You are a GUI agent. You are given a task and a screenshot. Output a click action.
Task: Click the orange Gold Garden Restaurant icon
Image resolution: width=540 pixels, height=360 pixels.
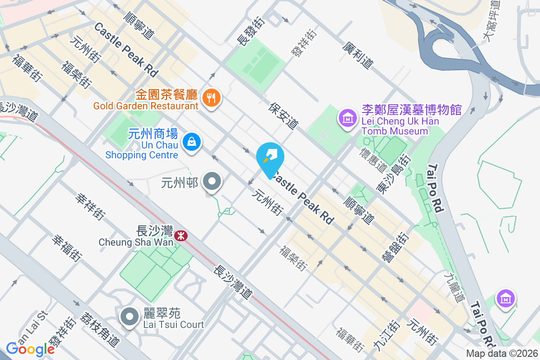[x=210, y=97]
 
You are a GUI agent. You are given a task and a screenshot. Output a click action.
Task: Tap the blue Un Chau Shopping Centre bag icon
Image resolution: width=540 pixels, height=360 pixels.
[x=192, y=142]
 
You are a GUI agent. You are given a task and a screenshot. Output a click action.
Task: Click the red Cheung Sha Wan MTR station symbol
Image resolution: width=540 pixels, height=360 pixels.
[x=181, y=235]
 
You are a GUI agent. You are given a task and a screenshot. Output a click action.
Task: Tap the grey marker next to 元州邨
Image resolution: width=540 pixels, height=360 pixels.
[x=211, y=182]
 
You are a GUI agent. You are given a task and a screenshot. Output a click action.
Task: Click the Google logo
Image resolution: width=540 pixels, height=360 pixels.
[x=30, y=349]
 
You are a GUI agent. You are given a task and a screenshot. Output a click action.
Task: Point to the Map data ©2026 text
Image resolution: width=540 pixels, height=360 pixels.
[x=501, y=354]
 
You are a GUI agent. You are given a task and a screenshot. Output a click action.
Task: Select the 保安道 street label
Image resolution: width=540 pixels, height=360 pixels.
[x=284, y=115]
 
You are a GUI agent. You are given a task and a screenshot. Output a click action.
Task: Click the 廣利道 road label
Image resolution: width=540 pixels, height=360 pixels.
[x=357, y=56]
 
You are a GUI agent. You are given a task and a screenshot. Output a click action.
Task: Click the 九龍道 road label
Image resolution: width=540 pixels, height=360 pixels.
[x=454, y=287]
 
